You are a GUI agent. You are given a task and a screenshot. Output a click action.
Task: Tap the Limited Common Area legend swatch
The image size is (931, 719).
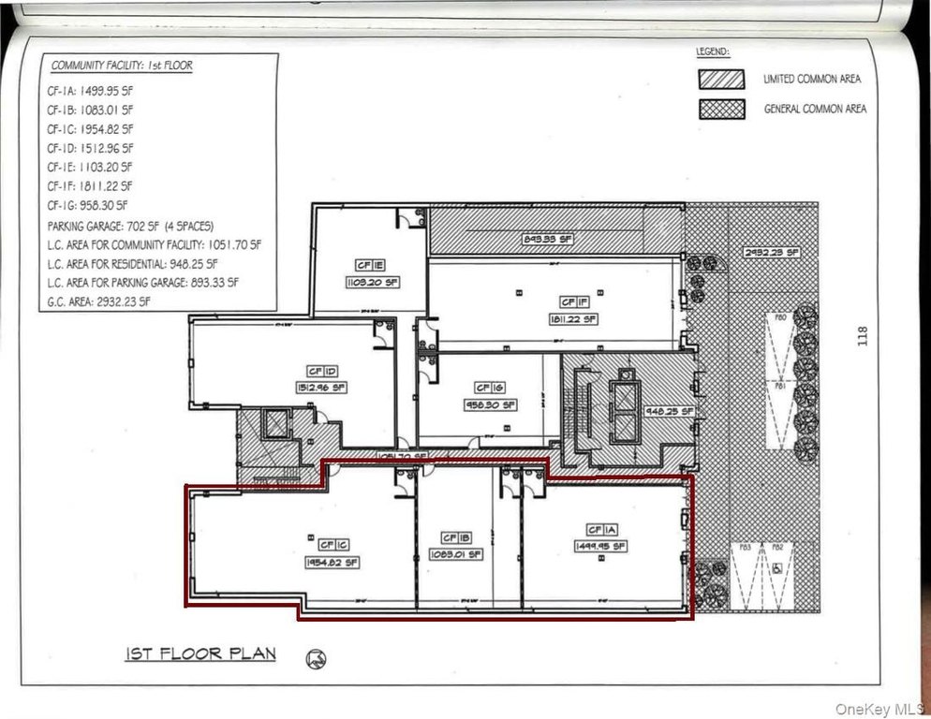(721, 80)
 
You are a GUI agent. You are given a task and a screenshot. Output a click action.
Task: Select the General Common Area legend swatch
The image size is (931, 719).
(721, 109)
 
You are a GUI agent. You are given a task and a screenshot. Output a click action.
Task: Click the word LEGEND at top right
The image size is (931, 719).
(712, 52)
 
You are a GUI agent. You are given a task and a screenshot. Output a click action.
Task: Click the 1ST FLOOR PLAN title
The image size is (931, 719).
(200, 653)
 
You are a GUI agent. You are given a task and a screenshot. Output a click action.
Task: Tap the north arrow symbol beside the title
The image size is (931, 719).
(316, 658)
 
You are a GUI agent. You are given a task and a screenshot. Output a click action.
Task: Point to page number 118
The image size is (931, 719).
(862, 336)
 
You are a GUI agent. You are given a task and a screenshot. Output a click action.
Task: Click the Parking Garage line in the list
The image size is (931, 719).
(131, 227)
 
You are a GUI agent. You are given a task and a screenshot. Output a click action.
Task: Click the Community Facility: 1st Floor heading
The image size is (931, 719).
(122, 66)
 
